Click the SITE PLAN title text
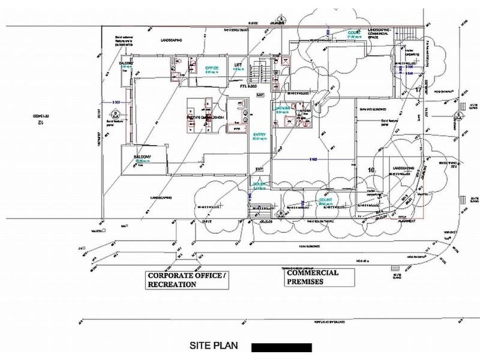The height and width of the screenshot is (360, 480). [214, 346]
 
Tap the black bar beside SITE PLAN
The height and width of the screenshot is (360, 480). [281, 347]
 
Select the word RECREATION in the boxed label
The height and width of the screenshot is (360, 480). [172, 285]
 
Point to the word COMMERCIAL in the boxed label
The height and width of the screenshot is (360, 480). [312, 272]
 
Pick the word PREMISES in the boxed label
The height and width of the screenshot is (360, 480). [305, 281]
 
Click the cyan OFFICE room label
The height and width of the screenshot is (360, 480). [212, 68]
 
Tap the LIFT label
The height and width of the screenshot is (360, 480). [238, 65]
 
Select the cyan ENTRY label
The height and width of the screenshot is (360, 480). [259, 134]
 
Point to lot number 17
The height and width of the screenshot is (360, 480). [418, 90]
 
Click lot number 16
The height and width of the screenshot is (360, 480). [371, 170]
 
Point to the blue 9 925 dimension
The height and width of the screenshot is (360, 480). [313, 159]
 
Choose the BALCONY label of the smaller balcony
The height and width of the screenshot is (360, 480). [125, 63]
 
